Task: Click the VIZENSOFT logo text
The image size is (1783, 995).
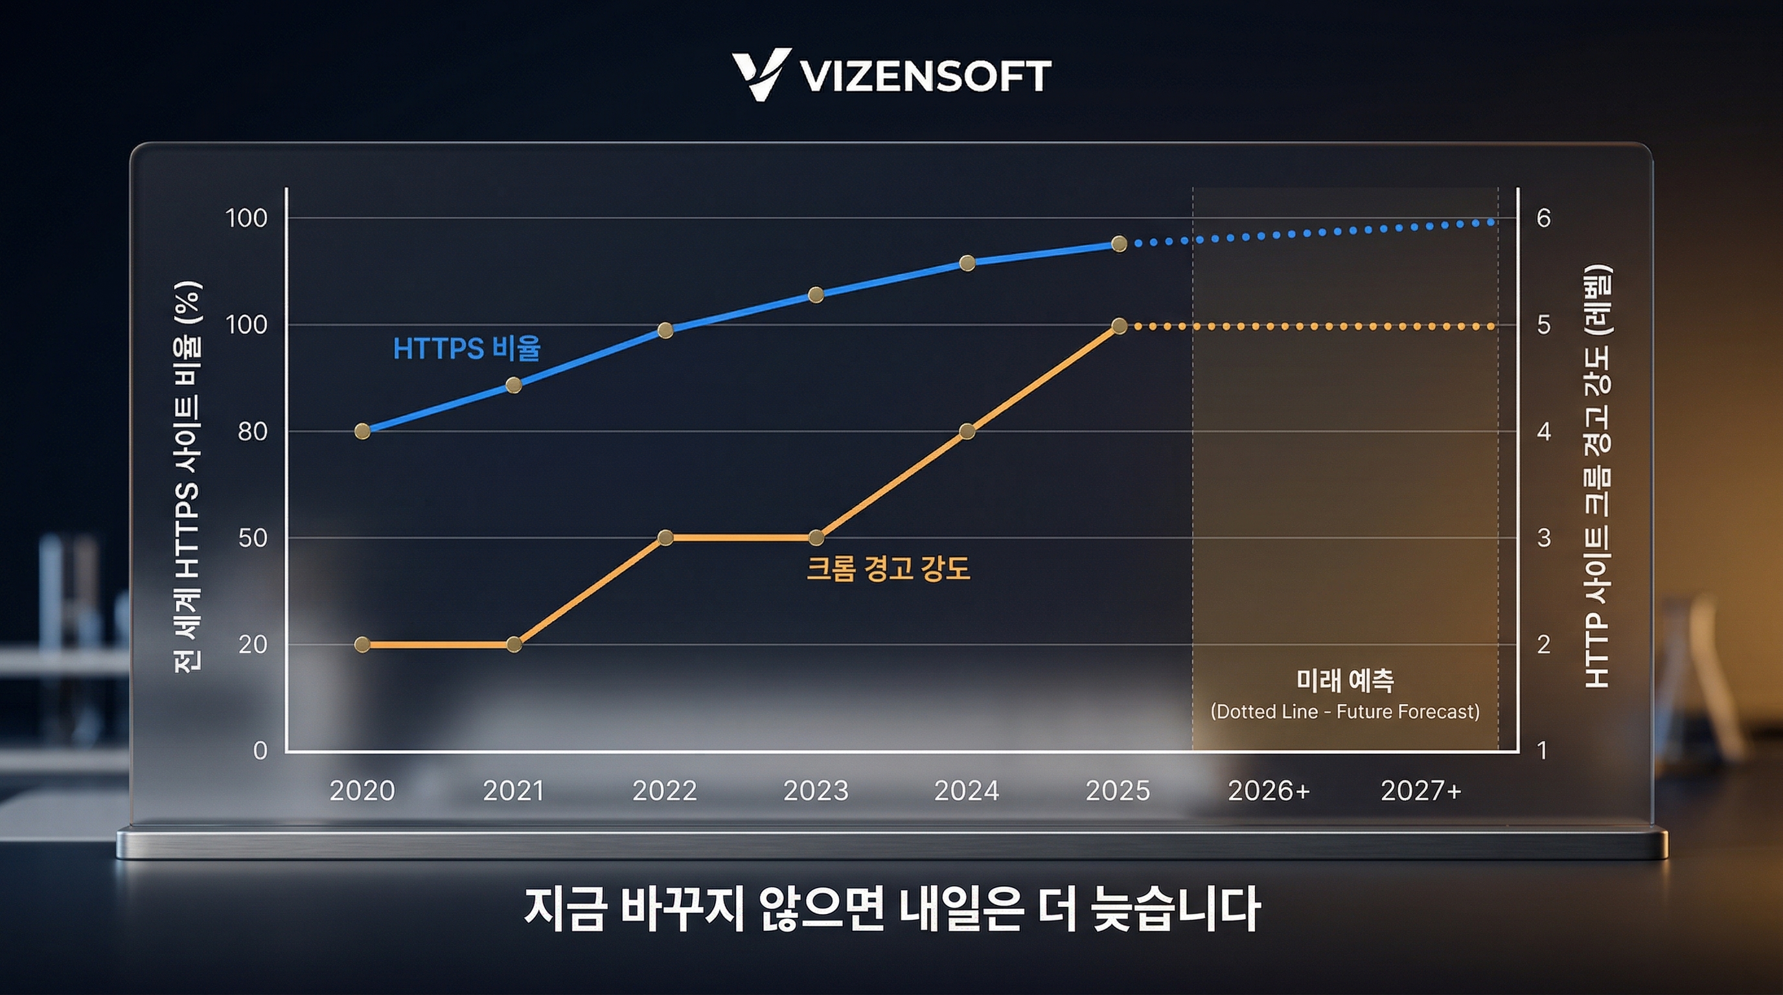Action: point(925,76)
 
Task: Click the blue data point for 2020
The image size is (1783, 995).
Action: point(362,431)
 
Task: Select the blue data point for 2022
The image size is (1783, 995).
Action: point(665,330)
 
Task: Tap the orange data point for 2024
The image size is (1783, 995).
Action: point(968,431)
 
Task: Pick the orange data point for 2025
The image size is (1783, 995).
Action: point(1119,325)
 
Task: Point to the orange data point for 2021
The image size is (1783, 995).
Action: point(514,644)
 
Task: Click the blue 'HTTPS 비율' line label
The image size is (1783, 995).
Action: point(466,348)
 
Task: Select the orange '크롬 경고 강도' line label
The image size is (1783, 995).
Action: point(888,569)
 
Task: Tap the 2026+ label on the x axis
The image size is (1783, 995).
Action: point(1269,790)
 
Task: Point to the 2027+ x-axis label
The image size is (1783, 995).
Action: point(1420,790)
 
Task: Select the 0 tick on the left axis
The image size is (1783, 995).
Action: point(260,751)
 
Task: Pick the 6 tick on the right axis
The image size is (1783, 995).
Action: point(1543,219)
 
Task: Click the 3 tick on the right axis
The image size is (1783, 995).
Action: point(1543,538)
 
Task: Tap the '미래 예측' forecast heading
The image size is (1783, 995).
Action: point(1345,680)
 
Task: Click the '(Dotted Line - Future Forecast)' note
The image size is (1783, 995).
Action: point(1345,711)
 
